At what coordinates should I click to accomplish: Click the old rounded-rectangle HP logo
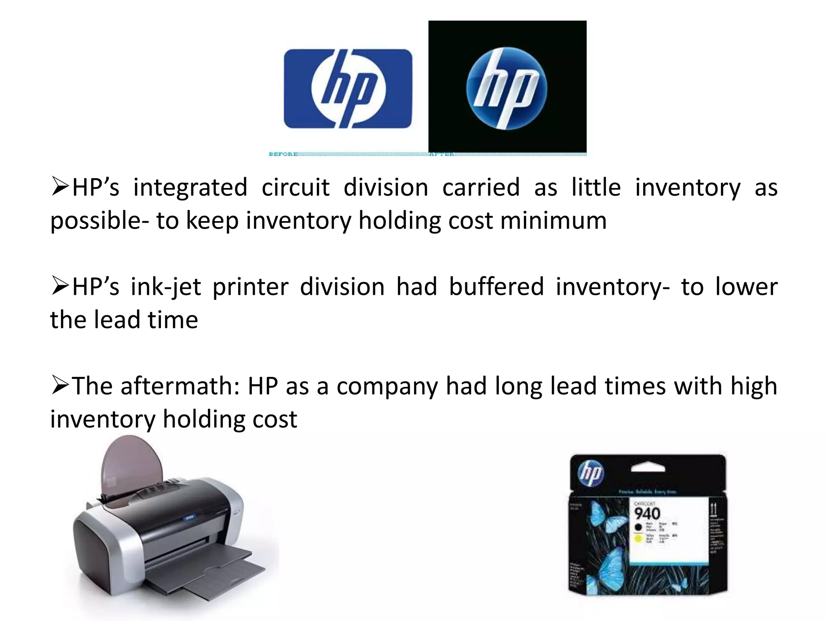click(348, 89)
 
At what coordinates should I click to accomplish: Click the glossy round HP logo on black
click(507, 89)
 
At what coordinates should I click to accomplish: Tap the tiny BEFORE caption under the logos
click(283, 154)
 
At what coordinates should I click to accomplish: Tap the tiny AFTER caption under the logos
click(441, 154)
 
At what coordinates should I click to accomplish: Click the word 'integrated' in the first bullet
click(190, 188)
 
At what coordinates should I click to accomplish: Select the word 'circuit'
click(296, 188)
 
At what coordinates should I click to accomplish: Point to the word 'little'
click(596, 188)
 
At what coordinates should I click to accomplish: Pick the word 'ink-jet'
click(166, 287)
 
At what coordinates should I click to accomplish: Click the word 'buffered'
click(496, 287)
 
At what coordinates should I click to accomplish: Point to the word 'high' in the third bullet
click(754, 386)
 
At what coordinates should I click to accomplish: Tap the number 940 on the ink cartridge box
click(647, 514)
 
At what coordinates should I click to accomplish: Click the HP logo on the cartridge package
click(591, 473)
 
